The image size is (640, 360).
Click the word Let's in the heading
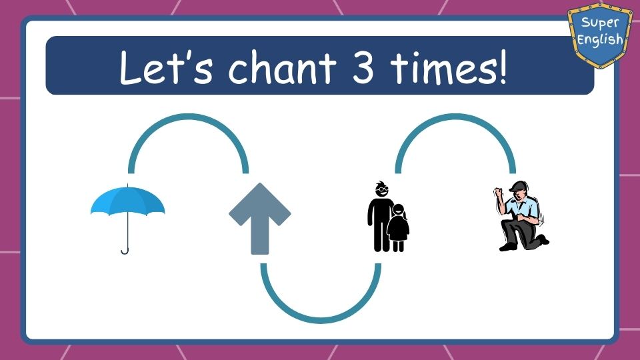(x=166, y=67)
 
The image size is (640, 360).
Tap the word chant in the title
(x=282, y=67)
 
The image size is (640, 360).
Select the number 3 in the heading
(x=363, y=67)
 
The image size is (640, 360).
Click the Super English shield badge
(x=600, y=34)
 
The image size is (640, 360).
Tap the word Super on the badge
(x=600, y=23)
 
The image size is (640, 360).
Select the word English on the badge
(x=600, y=39)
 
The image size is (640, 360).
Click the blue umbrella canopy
(x=128, y=201)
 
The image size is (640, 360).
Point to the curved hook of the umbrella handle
(x=125, y=250)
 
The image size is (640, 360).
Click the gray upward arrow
(x=259, y=219)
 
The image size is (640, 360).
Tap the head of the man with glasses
(x=381, y=189)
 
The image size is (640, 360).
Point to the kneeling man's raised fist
(x=499, y=192)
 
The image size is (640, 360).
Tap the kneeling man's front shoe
(x=508, y=247)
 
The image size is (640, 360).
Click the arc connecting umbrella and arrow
(x=188, y=117)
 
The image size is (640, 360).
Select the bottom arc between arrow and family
(x=321, y=321)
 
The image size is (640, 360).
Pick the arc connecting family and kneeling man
(x=455, y=117)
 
